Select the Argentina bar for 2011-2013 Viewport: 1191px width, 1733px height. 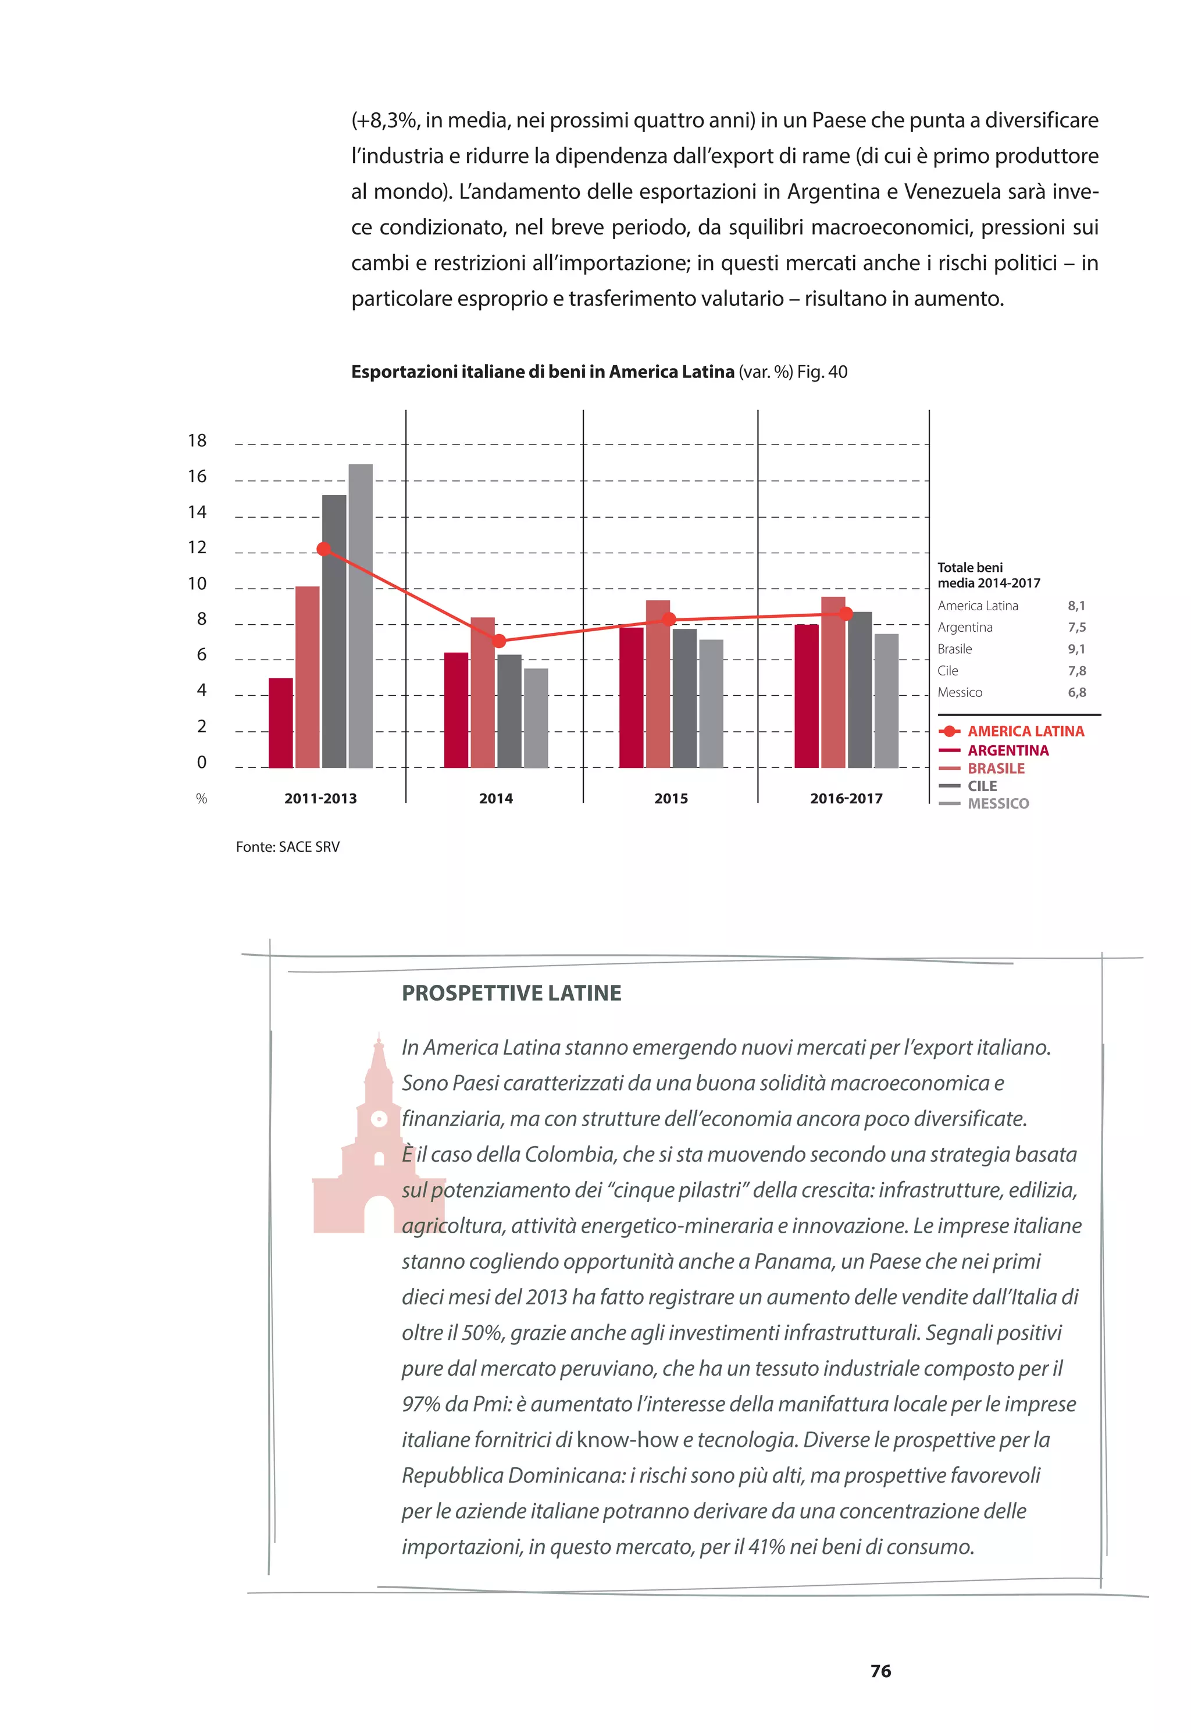pos(280,723)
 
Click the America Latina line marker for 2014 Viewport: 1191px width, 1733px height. pos(499,641)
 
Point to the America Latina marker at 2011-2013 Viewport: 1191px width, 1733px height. pos(323,549)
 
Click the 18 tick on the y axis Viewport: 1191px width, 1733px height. pos(197,441)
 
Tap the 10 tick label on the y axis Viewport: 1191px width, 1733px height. pos(197,583)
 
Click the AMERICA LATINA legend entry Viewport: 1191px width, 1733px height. pos(1025,731)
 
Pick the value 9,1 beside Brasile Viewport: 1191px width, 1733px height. pos(1076,649)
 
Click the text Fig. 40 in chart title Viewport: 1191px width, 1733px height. pos(822,372)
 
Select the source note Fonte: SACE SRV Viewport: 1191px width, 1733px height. pos(287,847)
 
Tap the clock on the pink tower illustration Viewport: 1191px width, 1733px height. pos(379,1119)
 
